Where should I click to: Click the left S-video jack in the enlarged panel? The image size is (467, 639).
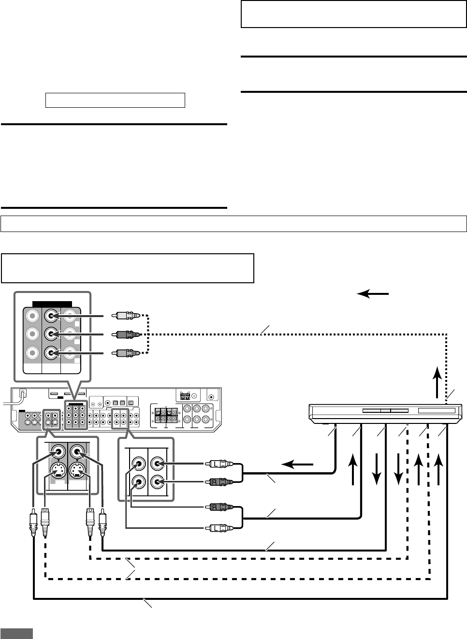[58, 470]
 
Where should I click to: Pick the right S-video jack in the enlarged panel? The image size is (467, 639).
[77, 470]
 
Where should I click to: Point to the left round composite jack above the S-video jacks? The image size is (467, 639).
[58, 452]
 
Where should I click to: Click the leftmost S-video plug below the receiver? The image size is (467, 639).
[45, 523]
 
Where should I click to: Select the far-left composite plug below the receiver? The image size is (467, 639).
[32, 524]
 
